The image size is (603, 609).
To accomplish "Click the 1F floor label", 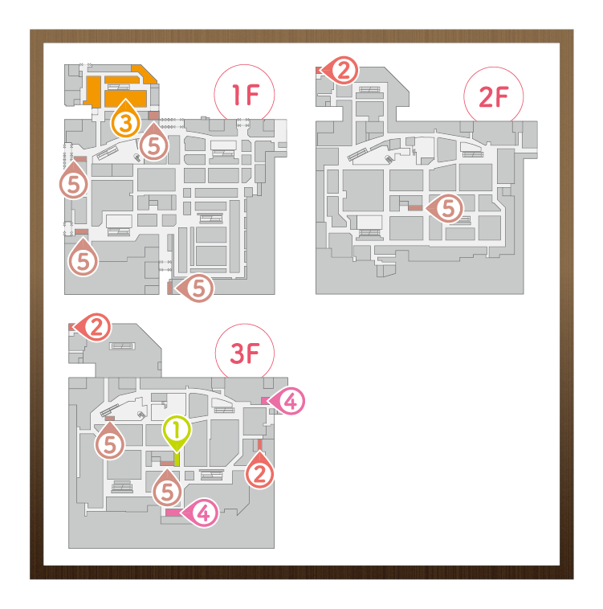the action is tap(246, 95).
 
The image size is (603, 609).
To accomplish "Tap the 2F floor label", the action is tap(493, 96).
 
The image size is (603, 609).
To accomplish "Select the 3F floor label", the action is tap(244, 354).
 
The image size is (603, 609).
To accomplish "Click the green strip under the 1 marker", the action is tap(177, 459).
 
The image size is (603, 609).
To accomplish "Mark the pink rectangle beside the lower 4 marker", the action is tap(173, 513).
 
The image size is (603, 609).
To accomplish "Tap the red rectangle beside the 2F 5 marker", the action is tap(415, 208).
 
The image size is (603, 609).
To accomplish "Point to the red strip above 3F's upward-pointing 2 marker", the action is tap(259, 445).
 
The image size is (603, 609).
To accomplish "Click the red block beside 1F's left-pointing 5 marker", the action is tap(169, 288).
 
